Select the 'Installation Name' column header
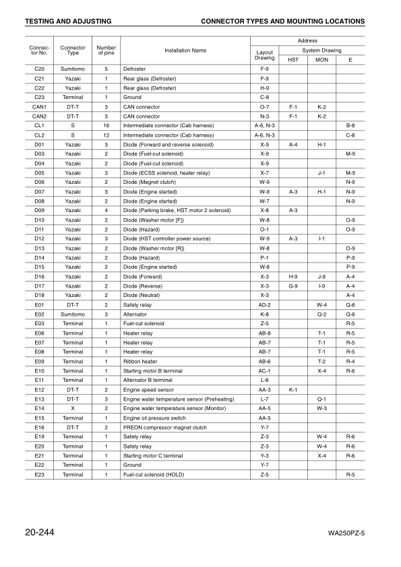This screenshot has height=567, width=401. click(185, 50)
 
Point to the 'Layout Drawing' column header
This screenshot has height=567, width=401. click(265, 55)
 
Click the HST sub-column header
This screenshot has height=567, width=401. click(293, 60)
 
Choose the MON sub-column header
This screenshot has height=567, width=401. click(321, 60)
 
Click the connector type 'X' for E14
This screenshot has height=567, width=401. click(73, 408)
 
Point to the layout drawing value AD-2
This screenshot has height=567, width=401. click(265, 304)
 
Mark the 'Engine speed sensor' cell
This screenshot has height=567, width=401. click(148, 389)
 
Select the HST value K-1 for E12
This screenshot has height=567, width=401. click(293, 389)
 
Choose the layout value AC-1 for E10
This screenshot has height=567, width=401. click(265, 370)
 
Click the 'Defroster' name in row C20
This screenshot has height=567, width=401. click(134, 69)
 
